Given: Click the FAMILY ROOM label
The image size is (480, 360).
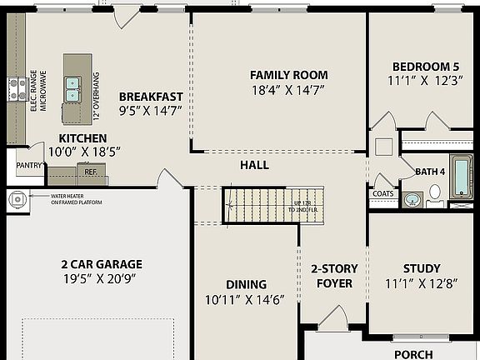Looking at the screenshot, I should [x=288, y=75].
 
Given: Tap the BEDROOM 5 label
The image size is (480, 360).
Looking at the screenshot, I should [x=425, y=67].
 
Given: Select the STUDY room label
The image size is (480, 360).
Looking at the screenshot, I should [x=421, y=268].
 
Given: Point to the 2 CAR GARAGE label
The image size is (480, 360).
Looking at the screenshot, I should [x=101, y=264].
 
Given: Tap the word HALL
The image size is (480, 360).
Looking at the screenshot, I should [x=254, y=165].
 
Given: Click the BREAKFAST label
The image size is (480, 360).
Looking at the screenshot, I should [x=150, y=96].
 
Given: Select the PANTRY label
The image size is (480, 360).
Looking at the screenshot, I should [x=29, y=166].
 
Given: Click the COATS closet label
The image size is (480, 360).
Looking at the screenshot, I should [x=382, y=194].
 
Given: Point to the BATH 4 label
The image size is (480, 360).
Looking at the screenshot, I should [x=430, y=172].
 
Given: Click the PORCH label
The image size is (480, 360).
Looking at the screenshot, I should [x=413, y=354].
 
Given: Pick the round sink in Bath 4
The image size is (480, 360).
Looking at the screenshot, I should [x=412, y=199].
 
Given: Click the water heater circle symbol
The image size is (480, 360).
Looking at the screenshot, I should [x=17, y=199].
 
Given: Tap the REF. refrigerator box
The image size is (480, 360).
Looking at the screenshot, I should [x=91, y=172].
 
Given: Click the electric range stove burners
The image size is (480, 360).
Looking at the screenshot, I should [x=16, y=89].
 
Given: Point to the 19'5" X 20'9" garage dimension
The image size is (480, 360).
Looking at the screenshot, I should [x=101, y=280].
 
